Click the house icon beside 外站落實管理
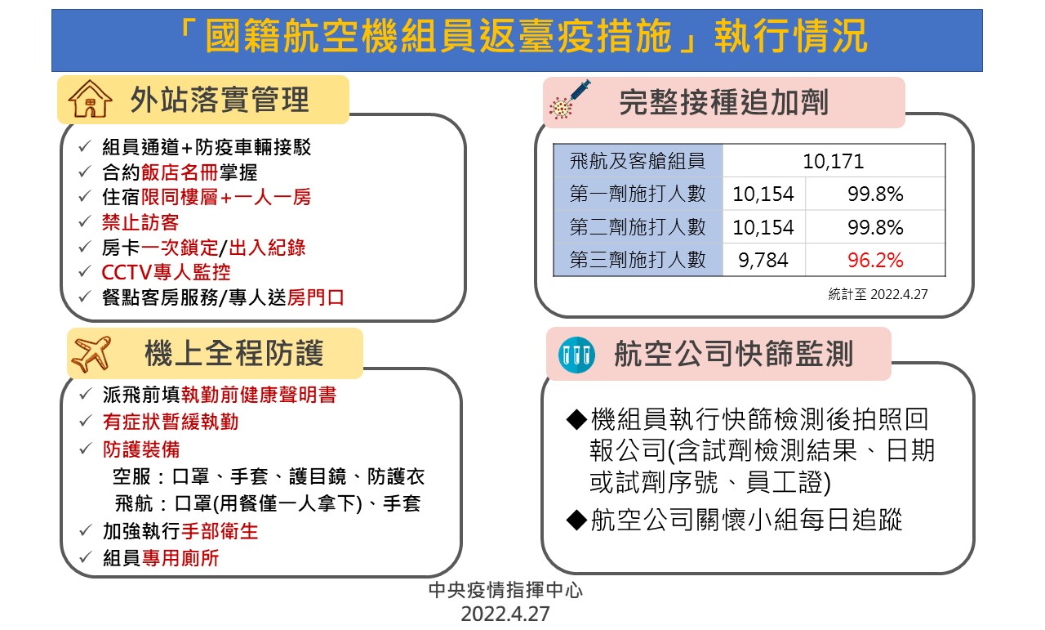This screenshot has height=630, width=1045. pos(90,99)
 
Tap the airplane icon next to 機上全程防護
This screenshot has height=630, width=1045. pos(91,354)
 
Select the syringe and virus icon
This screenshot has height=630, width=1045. pos(570,100)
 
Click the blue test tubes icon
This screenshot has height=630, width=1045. pos(576,355)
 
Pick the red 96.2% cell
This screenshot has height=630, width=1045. pos(875,260)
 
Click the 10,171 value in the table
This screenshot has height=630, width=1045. pos(834,162)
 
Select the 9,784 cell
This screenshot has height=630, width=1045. pos(763,260)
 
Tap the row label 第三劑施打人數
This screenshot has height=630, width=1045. pos(638,260)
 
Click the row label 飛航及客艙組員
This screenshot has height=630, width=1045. pos(638,161)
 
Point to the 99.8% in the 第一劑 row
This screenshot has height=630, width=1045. pos(875,194)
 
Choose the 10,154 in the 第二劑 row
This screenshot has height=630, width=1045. pos(763,227)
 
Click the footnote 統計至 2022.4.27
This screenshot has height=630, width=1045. pos(878,294)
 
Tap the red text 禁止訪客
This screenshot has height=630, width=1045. pos(140,222)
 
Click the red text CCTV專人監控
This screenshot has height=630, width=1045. pos(166,272)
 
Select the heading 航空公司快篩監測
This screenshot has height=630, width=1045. pos(734,354)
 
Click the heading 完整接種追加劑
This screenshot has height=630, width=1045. pos(724,102)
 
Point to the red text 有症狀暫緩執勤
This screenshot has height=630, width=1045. pos(171,422)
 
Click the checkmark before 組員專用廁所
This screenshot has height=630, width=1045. pos(86,557)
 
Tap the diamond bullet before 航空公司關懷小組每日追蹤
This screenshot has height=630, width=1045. pos(576,520)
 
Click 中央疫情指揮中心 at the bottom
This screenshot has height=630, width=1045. pos(505,590)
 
